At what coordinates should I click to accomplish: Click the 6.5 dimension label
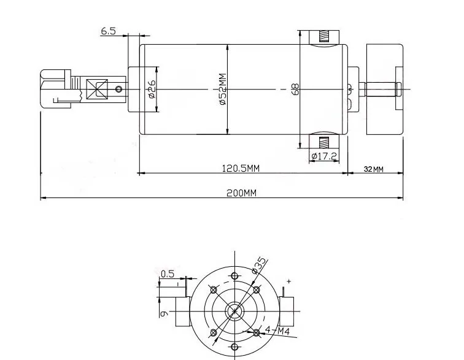[x=109, y=31]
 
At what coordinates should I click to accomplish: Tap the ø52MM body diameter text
[x=222, y=90]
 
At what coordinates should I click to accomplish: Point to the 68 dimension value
[x=295, y=90]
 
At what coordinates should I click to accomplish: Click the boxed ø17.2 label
[x=324, y=156]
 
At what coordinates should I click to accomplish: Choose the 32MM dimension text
[x=373, y=169]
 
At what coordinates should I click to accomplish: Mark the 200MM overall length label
[x=241, y=193]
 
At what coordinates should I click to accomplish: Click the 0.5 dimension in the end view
[x=167, y=274]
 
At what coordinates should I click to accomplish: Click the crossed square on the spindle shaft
[x=97, y=90]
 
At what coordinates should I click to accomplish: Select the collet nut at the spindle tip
[x=56, y=90]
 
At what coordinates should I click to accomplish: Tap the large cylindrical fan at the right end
[x=384, y=90]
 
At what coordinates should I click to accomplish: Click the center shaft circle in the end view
[x=234, y=311]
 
